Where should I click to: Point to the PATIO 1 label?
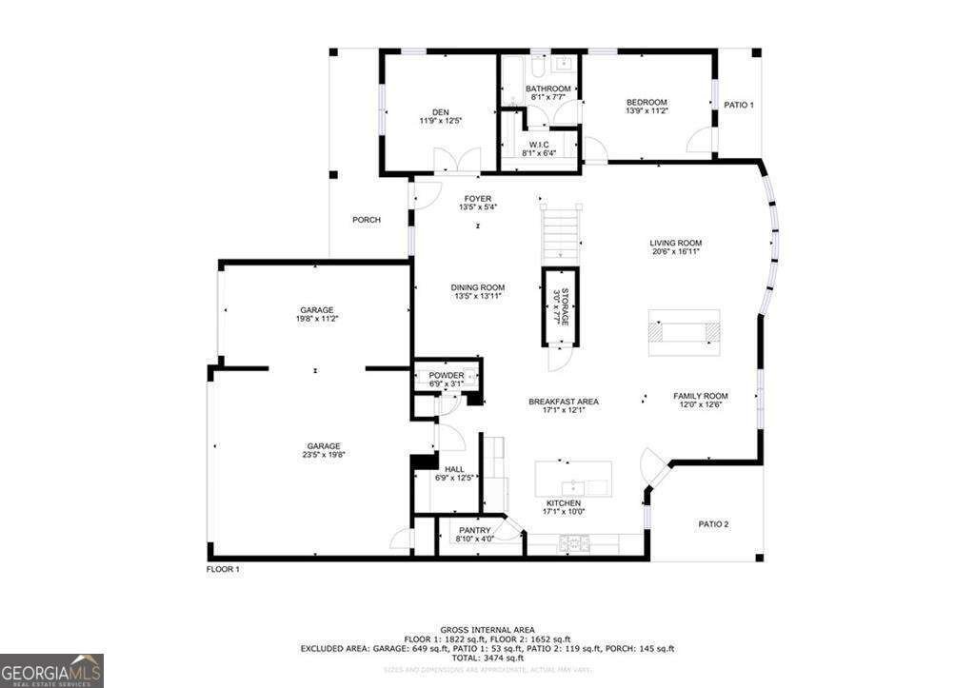pos(739,105)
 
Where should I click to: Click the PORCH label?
pos(367,220)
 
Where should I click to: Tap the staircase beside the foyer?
pos(560,234)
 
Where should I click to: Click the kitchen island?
pos(572,479)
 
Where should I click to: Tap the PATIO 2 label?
pos(713,524)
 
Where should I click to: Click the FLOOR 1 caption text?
pos(224,569)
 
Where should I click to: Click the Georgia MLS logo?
pos(51,670)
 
